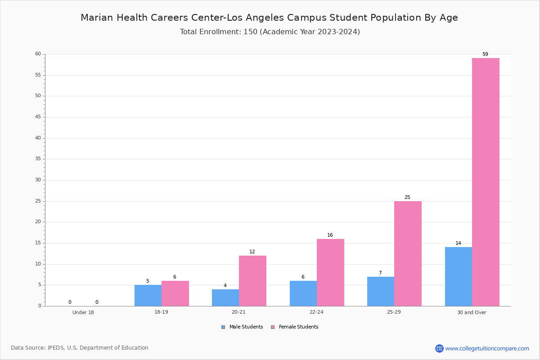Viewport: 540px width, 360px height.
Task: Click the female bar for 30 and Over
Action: (x=486, y=182)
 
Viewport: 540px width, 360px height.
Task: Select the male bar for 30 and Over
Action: (x=459, y=277)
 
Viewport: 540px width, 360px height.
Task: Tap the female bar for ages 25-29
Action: (x=408, y=254)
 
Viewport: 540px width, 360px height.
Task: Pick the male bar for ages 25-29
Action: (x=381, y=292)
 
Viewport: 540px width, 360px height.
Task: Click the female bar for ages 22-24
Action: (x=330, y=272)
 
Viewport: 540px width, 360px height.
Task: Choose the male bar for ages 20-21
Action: (x=225, y=298)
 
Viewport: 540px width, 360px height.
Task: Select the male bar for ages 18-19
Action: (x=148, y=296)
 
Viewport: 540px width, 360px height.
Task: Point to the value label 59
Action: (x=485, y=54)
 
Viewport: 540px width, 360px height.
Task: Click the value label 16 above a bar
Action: (x=330, y=235)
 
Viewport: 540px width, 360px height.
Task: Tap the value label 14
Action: (x=458, y=243)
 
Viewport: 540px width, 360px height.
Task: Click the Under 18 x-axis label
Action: (x=83, y=312)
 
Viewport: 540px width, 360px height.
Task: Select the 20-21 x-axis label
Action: (x=238, y=312)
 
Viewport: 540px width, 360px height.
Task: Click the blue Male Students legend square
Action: (x=223, y=327)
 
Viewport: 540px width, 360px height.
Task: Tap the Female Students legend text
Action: (x=298, y=327)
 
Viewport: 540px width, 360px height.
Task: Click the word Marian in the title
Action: (x=97, y=18)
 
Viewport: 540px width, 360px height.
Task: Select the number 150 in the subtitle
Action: (x=251, y=32)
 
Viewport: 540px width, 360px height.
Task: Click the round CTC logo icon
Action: (x=439, y=348)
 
